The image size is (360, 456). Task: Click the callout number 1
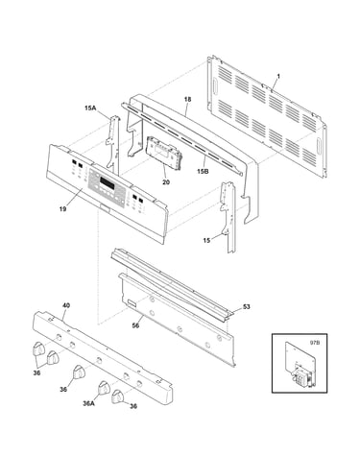point(278,77)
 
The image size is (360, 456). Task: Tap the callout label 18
point(187,99)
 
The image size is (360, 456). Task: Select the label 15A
point(90,108)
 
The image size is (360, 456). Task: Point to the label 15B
point(203,171)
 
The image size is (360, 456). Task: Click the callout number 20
point(166,182)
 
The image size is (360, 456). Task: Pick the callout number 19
point(62,209)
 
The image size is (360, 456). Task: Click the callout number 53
point(246,307)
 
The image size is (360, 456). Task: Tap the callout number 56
point(135,325)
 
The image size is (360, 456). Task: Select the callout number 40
point(66,305)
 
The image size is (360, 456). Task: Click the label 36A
point(88,403)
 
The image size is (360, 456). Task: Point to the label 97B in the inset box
point(315,343)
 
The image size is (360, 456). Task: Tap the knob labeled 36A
point(104,388)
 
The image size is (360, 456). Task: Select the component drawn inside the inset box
point(300,364)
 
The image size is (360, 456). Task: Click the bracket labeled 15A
point(113,144)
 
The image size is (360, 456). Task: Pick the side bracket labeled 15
point(228,217)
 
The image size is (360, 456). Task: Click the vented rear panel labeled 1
point(268,116)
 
